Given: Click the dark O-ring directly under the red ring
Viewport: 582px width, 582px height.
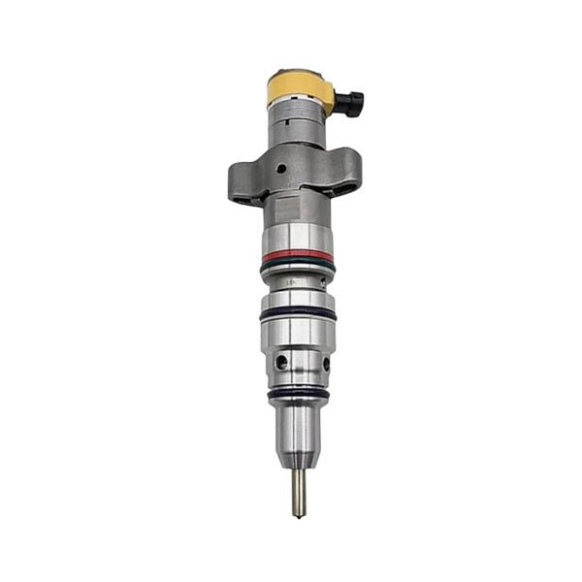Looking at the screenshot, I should click(297, 265).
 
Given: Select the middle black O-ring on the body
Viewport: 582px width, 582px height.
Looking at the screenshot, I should click(297, 313).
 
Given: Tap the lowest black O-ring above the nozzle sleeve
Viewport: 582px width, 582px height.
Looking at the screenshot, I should click(297, 392).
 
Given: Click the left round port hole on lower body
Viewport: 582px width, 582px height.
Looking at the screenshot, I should click(281, 361).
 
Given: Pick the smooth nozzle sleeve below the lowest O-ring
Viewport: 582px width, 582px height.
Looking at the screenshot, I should click(298, 422).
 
